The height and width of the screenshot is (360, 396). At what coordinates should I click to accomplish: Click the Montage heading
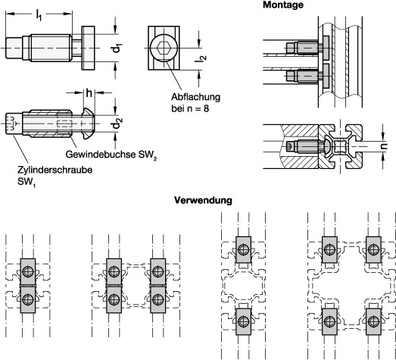(283, 5)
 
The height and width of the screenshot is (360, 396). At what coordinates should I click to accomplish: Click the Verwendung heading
(203, 200)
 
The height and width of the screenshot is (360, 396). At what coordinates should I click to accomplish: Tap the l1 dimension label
(39, 15)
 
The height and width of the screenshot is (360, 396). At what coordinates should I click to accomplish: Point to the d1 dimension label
(117, 48)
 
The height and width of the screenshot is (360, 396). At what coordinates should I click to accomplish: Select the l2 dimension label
(201, 58)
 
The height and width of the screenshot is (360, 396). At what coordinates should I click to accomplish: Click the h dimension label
(89, 93)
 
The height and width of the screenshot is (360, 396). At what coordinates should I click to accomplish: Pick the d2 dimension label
(117, 124)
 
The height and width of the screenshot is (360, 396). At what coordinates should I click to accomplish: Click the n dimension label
(384, 146)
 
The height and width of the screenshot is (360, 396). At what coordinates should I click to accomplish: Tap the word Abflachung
(195, 97)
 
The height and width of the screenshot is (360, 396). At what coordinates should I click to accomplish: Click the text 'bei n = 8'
(190, 108)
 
